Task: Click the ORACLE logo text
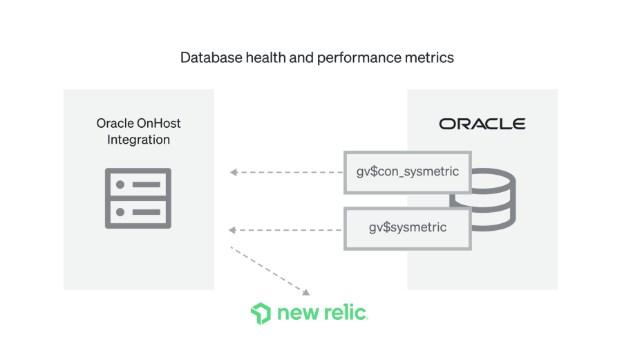pos(482,124)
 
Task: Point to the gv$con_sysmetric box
pos(407,171)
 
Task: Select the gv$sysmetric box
pos(407,227)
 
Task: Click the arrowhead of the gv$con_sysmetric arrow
pos(233,172)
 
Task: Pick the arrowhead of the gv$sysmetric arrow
pos(233,229)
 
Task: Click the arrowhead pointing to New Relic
pos(305,292)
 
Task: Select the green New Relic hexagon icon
pos(261,313)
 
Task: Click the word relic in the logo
pos(346,313)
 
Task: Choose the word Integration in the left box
pos(138,140)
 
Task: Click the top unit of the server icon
pos(138,184)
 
